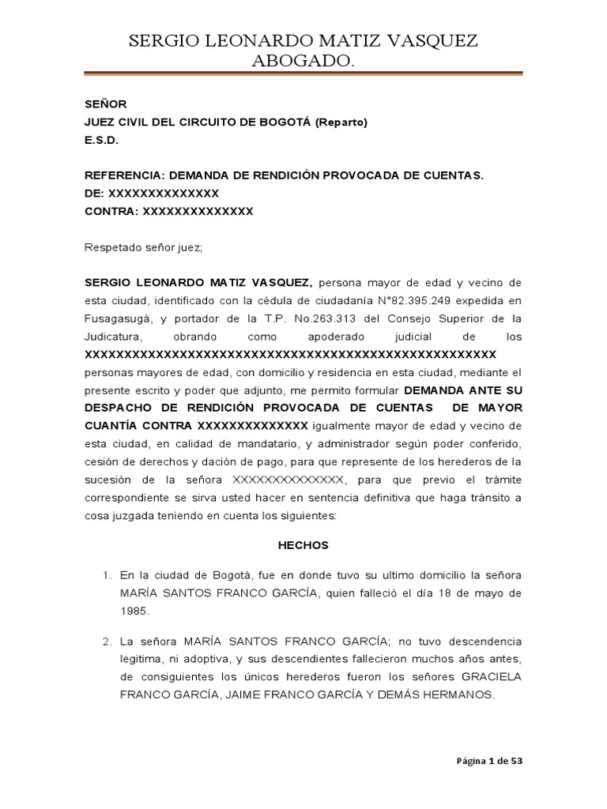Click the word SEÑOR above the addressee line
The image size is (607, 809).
click(x=105, y=103)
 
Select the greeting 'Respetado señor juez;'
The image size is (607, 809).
click(x=144, y=247)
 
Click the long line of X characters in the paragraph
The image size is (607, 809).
click(x=290, y=354)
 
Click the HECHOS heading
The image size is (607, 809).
click(x=303, y=545)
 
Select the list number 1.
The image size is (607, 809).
click(x=107, y=574)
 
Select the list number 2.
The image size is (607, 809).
click(x=107, y=641)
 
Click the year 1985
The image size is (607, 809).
click(x=134, y=611)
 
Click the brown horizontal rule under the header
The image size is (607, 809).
click(x=303, y=74)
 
